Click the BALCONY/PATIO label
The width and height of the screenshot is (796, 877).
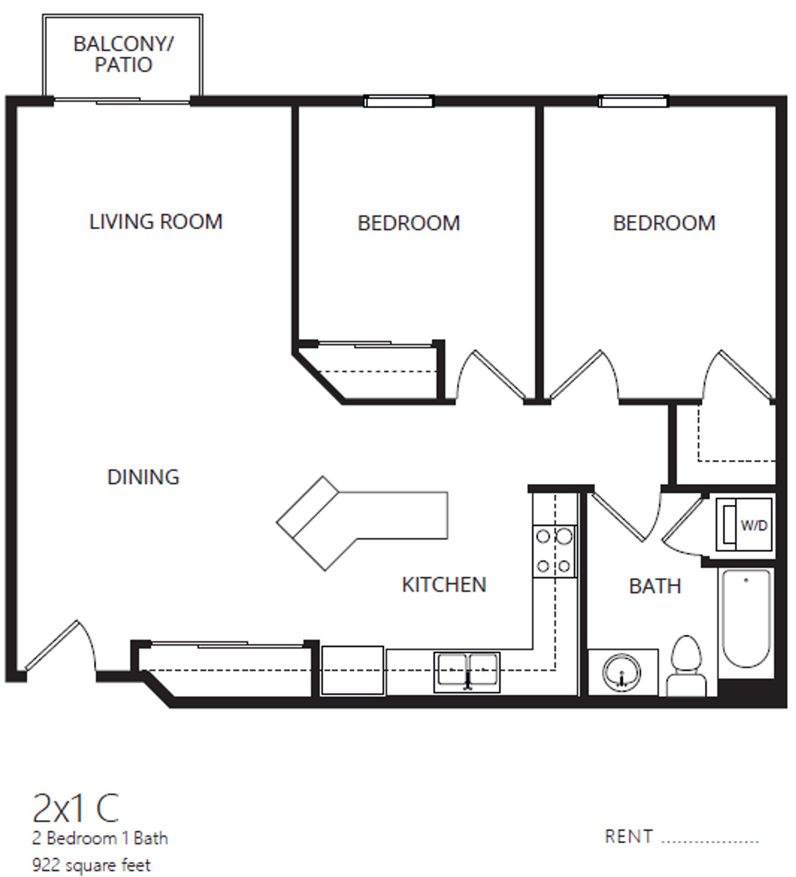(123, 54)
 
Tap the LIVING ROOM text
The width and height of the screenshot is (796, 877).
(156, 222)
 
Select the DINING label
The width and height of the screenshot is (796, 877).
(143, 477)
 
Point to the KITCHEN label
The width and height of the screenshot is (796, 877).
(444, 585)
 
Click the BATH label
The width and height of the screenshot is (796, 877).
(655, 586)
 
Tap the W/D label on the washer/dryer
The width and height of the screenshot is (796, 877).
(754, 526)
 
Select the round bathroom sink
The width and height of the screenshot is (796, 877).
(621, 672)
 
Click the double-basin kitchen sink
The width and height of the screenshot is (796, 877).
(467, 671)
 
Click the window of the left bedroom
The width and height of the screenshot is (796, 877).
(399, 101)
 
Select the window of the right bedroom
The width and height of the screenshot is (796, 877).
(633, 101)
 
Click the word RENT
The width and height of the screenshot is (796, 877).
(628, 837)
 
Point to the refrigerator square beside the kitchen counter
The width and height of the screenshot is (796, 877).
(352, 670)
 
